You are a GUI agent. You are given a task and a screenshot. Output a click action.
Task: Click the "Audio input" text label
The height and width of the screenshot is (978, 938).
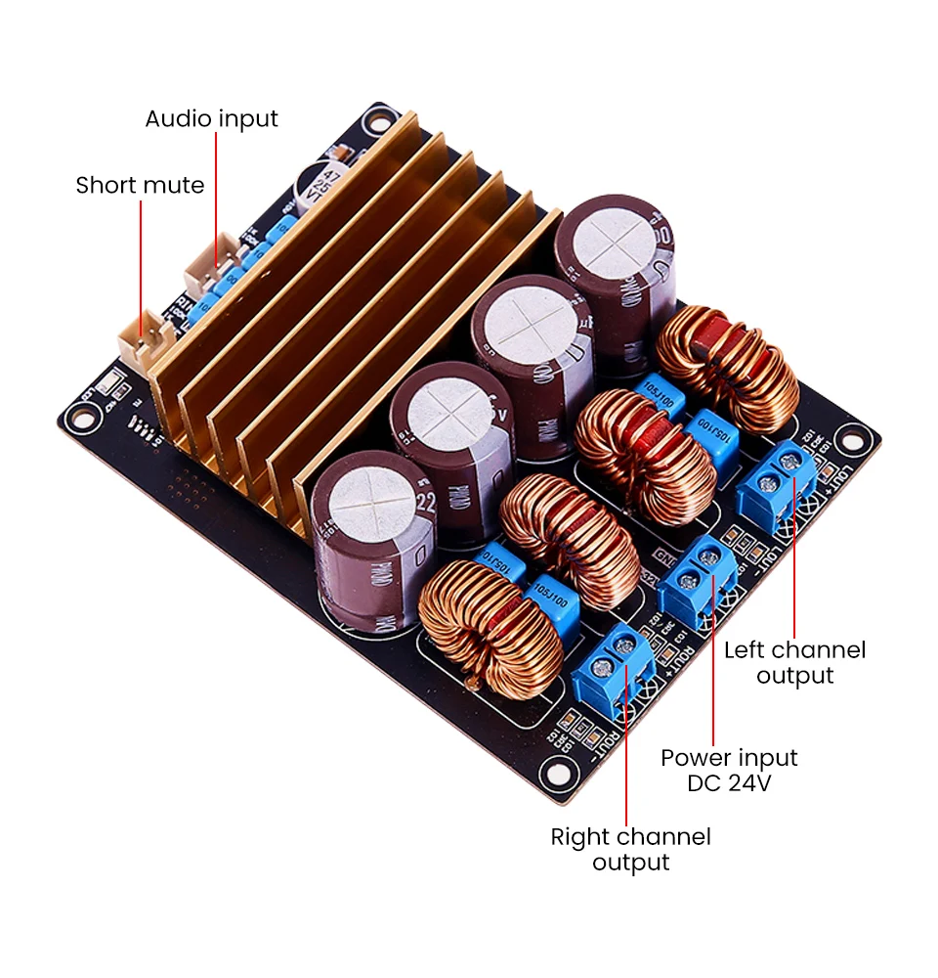click(211, 119)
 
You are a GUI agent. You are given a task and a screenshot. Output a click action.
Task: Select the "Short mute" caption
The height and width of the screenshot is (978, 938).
click(140, 185)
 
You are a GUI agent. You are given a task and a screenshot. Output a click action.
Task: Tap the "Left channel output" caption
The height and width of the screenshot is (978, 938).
click(794, 662)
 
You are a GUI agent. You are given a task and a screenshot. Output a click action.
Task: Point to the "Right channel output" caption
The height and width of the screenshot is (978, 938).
click(630, 849)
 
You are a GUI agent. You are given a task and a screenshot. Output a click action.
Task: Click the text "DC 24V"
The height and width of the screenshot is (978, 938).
click(729, 783)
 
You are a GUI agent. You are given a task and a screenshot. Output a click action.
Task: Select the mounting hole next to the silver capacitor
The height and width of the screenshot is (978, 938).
click(376, 122)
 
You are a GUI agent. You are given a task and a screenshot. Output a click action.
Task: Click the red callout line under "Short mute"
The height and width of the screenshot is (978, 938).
click(141, 264)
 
